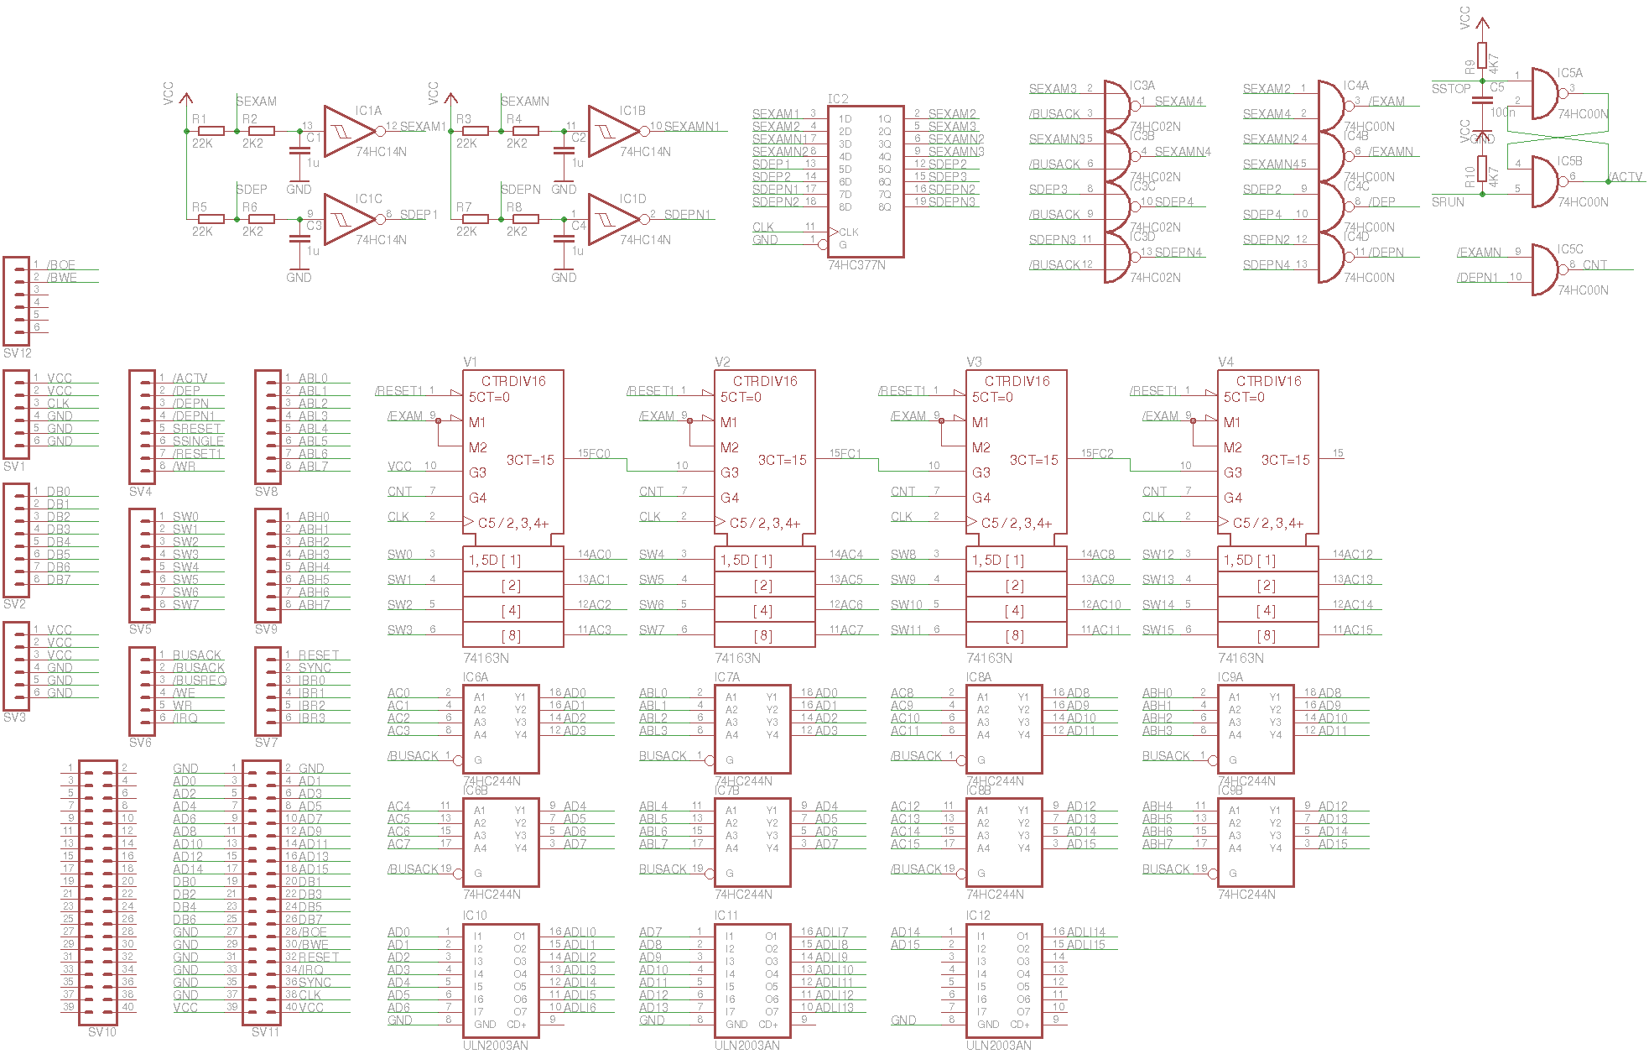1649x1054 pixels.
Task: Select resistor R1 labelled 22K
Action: click(x=211, y=131)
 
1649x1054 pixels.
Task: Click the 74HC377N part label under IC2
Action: click(x=856, y=265)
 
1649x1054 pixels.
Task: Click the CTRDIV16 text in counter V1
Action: click(x=513, y=381)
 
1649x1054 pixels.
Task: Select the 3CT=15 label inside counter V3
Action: click(x=1033, y=460)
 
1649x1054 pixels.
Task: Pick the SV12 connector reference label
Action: click(x=18, y=353)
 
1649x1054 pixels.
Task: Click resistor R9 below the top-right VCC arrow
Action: click(x=1482, y=55)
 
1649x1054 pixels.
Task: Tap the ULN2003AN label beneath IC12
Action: click(x=998, y=1046)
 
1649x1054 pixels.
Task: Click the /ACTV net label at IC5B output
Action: click(x=1626, y=177)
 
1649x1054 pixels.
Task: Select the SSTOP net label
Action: click(x=1451, y=88)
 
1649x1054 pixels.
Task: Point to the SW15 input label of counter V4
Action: click(x=1158, y=630)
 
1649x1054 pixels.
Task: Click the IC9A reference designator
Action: click(x=1230, y=677)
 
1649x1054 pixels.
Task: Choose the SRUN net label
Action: click(x=1448, y=202)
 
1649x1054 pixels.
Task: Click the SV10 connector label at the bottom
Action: click(x=102, y=1032)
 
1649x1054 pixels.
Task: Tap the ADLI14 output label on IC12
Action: click(x=1085, y=932)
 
